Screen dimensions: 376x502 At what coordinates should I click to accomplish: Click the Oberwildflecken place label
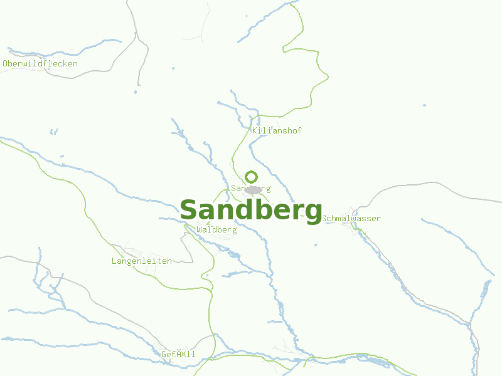pyautogui.click(x=40, y=64)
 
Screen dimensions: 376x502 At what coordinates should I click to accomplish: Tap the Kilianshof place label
pyautogui.click(x=277, y=131)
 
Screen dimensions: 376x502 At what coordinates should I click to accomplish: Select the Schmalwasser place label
pyautogui.click(x=351, y=219)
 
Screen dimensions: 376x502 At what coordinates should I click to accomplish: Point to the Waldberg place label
pyautogui.click(x=216, y=230)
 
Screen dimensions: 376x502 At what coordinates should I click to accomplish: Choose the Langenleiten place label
pyautogui.click(x=141, y=261)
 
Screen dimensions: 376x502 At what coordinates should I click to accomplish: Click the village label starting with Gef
pyautogui.click(x=178, y=355)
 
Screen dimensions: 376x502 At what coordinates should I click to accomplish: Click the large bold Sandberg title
pyautogui.click(x=251, y=211)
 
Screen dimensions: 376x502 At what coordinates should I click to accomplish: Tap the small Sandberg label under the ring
pyautogui.click(x=250, y=188)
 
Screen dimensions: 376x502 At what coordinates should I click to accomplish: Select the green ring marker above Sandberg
pyautogui.click(x=251, y=177)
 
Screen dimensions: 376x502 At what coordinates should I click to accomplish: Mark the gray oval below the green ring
pyautogui.click(x=254, y=190)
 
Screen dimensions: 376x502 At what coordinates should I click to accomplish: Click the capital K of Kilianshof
pyautogui.click(x=255, y=131)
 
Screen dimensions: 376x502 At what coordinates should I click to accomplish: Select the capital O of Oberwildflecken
pyautogui.click(x=6, y=64)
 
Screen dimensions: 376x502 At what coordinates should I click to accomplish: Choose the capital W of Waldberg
pyautogui.click(x=200, y=230)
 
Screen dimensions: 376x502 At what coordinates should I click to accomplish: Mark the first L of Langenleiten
pyautogui.click(x=114, y=261)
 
